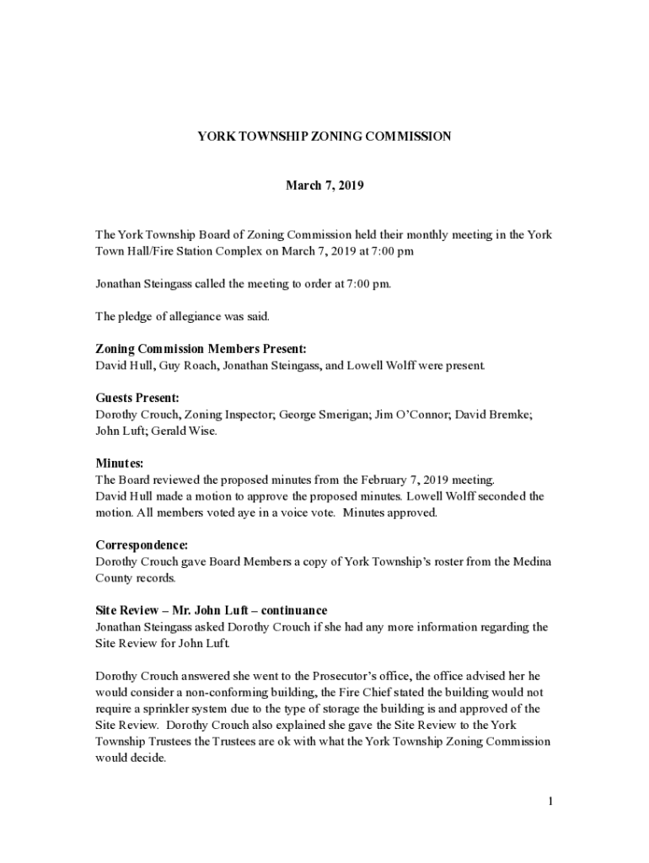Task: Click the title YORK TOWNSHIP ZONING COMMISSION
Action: point(324,136)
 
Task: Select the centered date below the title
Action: point(324,185)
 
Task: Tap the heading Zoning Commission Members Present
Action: point(201,349)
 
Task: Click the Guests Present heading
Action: point(137,398)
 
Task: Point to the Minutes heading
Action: point(120,464)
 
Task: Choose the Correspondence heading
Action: point(142,545)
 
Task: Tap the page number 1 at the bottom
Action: point(550,801)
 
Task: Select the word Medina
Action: point(531,562)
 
